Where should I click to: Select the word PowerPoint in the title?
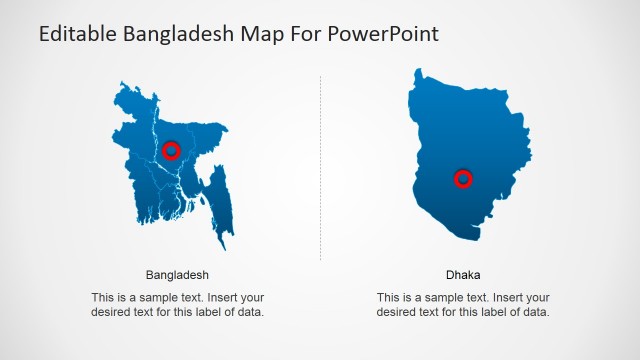(x=384, y=34)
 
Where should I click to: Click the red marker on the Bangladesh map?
(x=171, y=150)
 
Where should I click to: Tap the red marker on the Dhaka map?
(x=463, y=179)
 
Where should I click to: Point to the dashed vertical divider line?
(x=320, y=170)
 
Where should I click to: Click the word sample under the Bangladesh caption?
(x=162, y=298)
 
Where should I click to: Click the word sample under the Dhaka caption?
(x=448, y=298)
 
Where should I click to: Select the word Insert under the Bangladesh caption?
(x=225, y=298)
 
